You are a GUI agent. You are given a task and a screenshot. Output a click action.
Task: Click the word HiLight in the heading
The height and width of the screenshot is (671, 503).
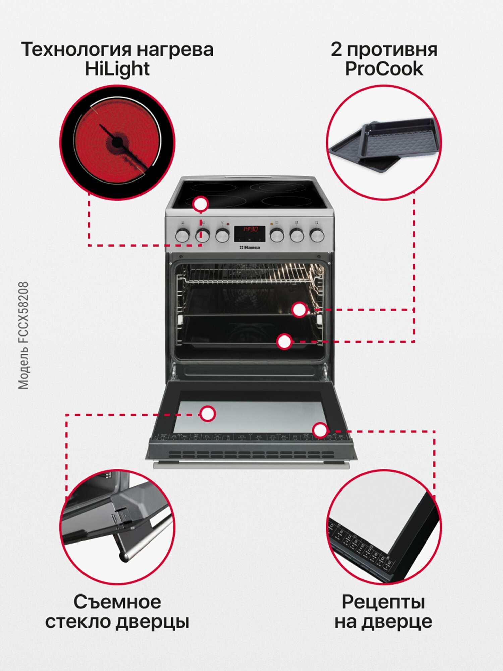click(117, 69)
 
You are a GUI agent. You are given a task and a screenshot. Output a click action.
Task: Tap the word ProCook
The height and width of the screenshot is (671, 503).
click(384, 69)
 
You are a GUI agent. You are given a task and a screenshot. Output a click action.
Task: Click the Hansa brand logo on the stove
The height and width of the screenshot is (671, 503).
click(250, 247)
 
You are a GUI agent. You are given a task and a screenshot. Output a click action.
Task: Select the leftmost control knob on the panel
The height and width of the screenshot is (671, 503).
click(183, 236)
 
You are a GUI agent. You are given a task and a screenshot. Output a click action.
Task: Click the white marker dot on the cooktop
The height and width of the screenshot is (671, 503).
click(201, 204)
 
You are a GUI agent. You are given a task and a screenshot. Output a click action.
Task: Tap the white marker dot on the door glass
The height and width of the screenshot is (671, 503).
click(208, 414)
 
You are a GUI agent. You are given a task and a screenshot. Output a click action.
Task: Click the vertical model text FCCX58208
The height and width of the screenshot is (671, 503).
click(23, 335)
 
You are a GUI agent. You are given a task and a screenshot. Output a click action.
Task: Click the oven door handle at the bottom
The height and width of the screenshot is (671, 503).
click(251, 466)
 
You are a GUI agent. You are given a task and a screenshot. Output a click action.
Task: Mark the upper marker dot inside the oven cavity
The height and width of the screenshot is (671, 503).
click(299, 310)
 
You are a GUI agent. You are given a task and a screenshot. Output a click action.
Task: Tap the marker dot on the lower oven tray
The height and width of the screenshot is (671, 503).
click(285, 342)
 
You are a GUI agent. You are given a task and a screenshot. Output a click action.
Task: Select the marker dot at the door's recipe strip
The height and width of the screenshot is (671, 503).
click(320, 430)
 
